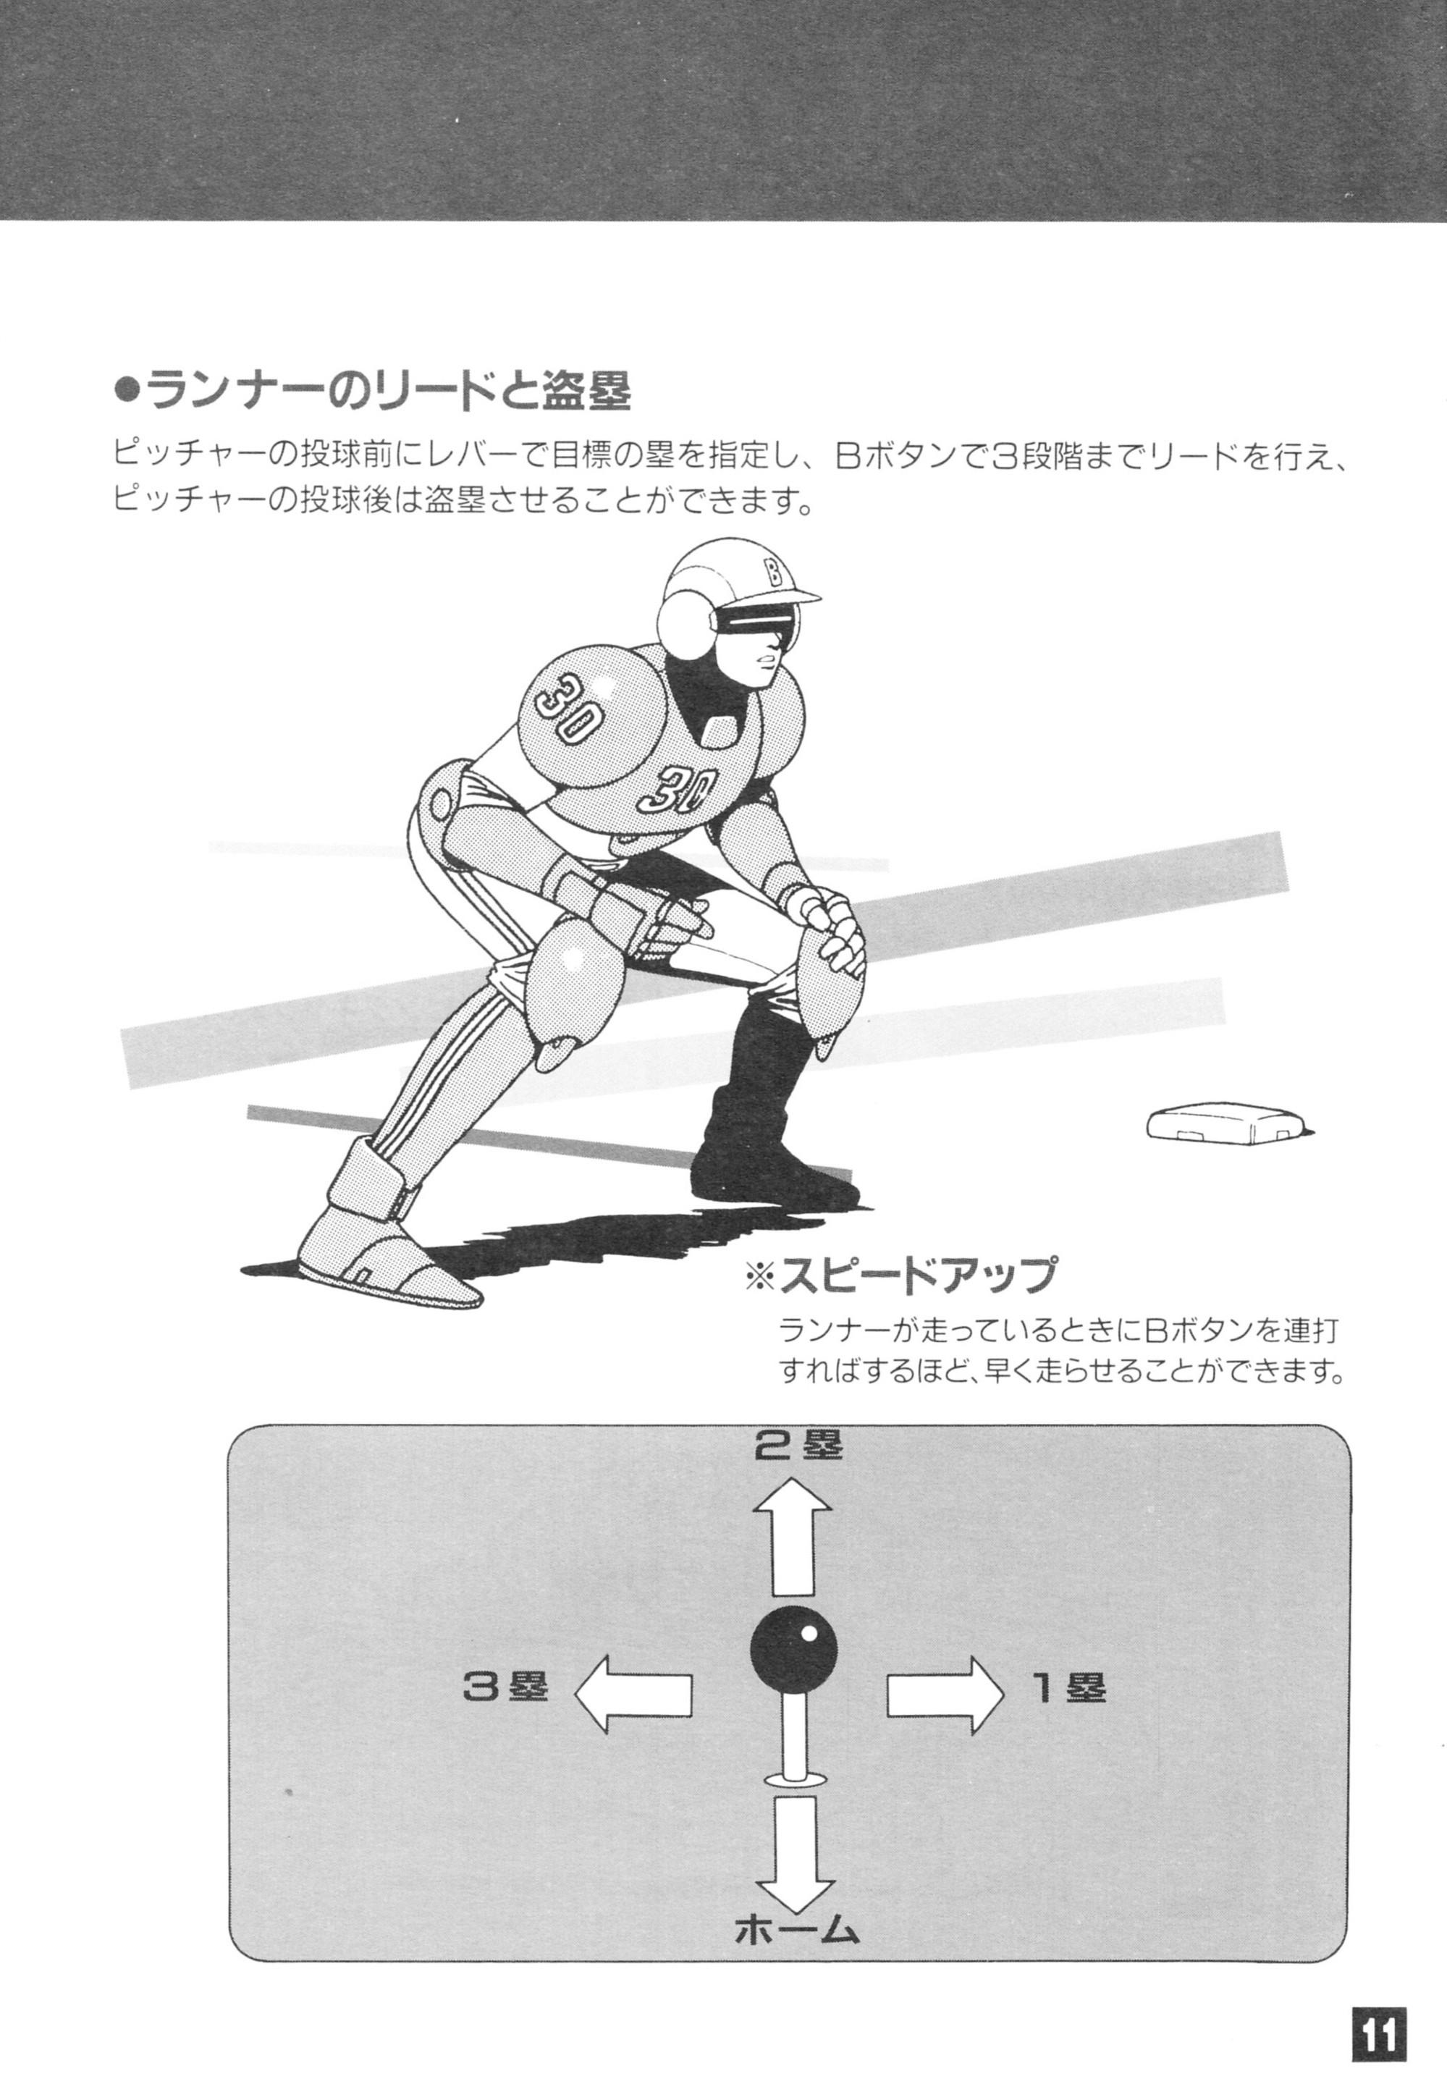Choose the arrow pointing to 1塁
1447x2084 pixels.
[x=945, y=1695]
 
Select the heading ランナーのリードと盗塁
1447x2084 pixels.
[x=374, y=392]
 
